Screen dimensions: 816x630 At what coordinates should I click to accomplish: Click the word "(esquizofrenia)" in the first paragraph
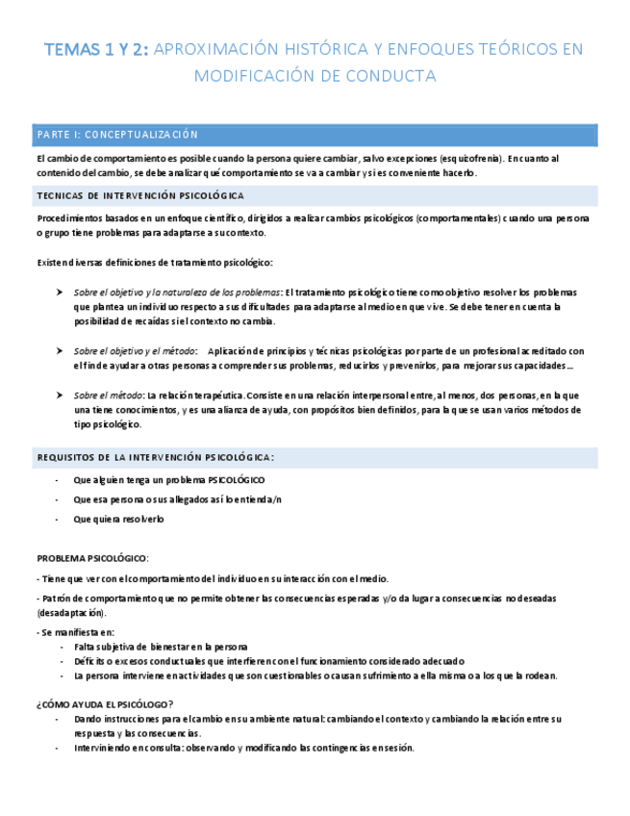460,158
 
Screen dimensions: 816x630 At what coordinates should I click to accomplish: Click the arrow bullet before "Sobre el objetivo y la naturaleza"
62,292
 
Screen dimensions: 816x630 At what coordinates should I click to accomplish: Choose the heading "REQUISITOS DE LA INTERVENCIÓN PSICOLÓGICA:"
156,456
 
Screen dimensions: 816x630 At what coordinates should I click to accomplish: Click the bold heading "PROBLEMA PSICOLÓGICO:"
92,558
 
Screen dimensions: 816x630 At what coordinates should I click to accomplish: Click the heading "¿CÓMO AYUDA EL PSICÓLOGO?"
104,703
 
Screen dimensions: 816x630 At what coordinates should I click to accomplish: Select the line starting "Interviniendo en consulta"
243,749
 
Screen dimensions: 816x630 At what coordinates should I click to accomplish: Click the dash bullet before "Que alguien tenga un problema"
58,479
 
